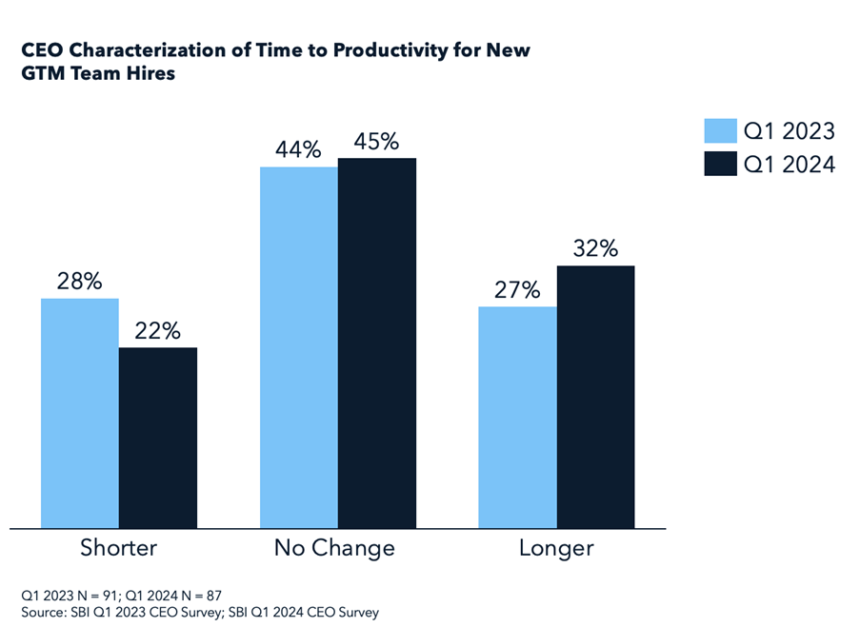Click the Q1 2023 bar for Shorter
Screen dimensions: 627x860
point(79,413)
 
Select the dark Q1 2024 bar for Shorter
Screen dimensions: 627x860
point(157,438)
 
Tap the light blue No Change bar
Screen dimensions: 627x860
point(299,347)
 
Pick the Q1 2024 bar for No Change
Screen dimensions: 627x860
point(377,343)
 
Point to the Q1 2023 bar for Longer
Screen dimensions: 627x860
point(517,417)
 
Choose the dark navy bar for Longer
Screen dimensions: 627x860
point(595,397)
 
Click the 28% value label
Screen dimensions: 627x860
point(79,282)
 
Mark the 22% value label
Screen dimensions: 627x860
point(157,331)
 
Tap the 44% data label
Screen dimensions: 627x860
point(299,150)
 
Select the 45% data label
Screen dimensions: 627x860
point(377,141)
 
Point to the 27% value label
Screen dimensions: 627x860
point(517,289)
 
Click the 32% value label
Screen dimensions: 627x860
point(595,249)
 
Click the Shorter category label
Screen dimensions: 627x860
point(118,548)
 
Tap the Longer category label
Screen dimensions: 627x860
point(556,548)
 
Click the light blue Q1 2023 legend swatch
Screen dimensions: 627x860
point(721,131)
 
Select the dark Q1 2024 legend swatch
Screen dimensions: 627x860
point(721,164)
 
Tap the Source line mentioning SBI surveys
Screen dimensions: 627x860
point(200,612)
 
